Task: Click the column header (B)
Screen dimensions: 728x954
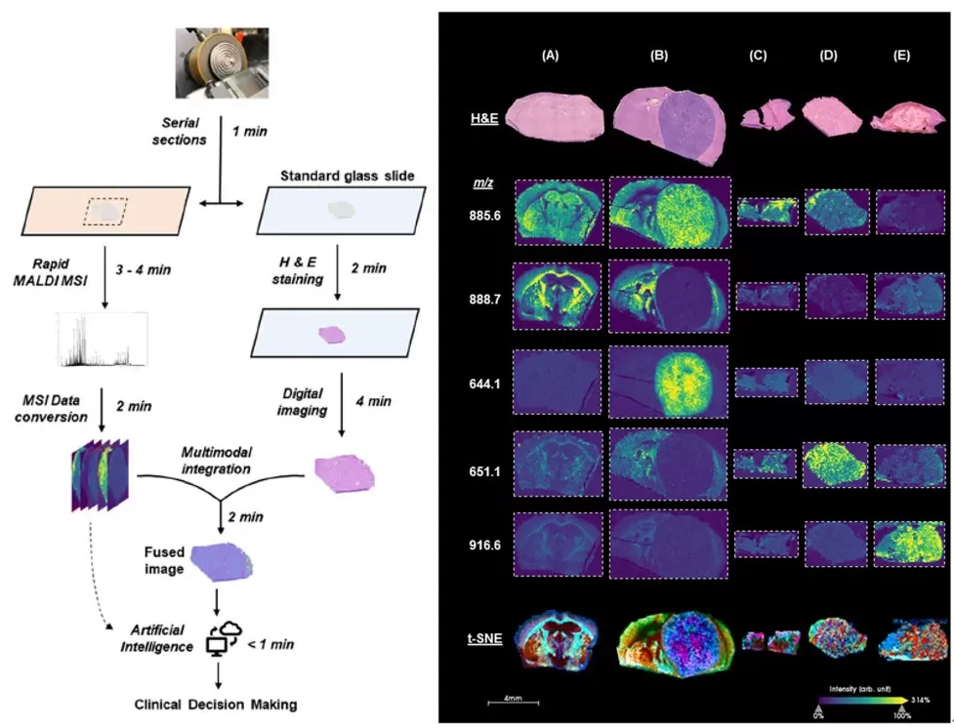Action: [x=659, y=56]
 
